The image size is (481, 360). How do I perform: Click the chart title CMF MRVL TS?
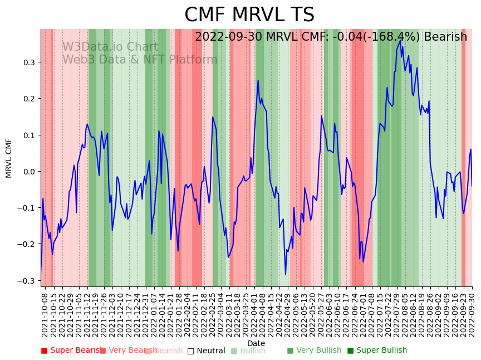pyautogui.click(x=249, y=15)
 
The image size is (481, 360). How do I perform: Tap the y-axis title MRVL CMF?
pyautogui.click(x=9, y=158)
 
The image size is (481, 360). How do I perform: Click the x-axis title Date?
pyautogui.click(x=256, y=343)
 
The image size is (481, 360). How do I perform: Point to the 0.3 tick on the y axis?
pyautogui.click(x=28, y=62)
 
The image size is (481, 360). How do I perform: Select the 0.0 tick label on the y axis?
pyautogui.click(x=28, y=172)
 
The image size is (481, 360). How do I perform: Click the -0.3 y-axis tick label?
pyautogui.click(x=26, y=281)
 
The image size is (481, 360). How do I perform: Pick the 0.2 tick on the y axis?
pyautogui.click(x=28, y=99)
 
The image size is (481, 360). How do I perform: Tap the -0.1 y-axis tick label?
pyautogui.click(x=26, y=208)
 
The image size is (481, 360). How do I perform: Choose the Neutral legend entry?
pyautogui.click(x=206, y=351)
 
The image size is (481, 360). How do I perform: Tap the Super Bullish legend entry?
pyautogui.click(x=377, y=351)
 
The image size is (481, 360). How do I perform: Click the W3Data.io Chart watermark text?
pyautogui.click(x=110, y=47)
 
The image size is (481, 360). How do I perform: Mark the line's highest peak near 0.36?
pyautogui.click(x=400, y=40)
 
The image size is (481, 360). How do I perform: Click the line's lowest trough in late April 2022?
pyautogui.click(x=286, y=274)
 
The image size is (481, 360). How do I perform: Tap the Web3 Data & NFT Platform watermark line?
pyautogui.click(x=140, y=60)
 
